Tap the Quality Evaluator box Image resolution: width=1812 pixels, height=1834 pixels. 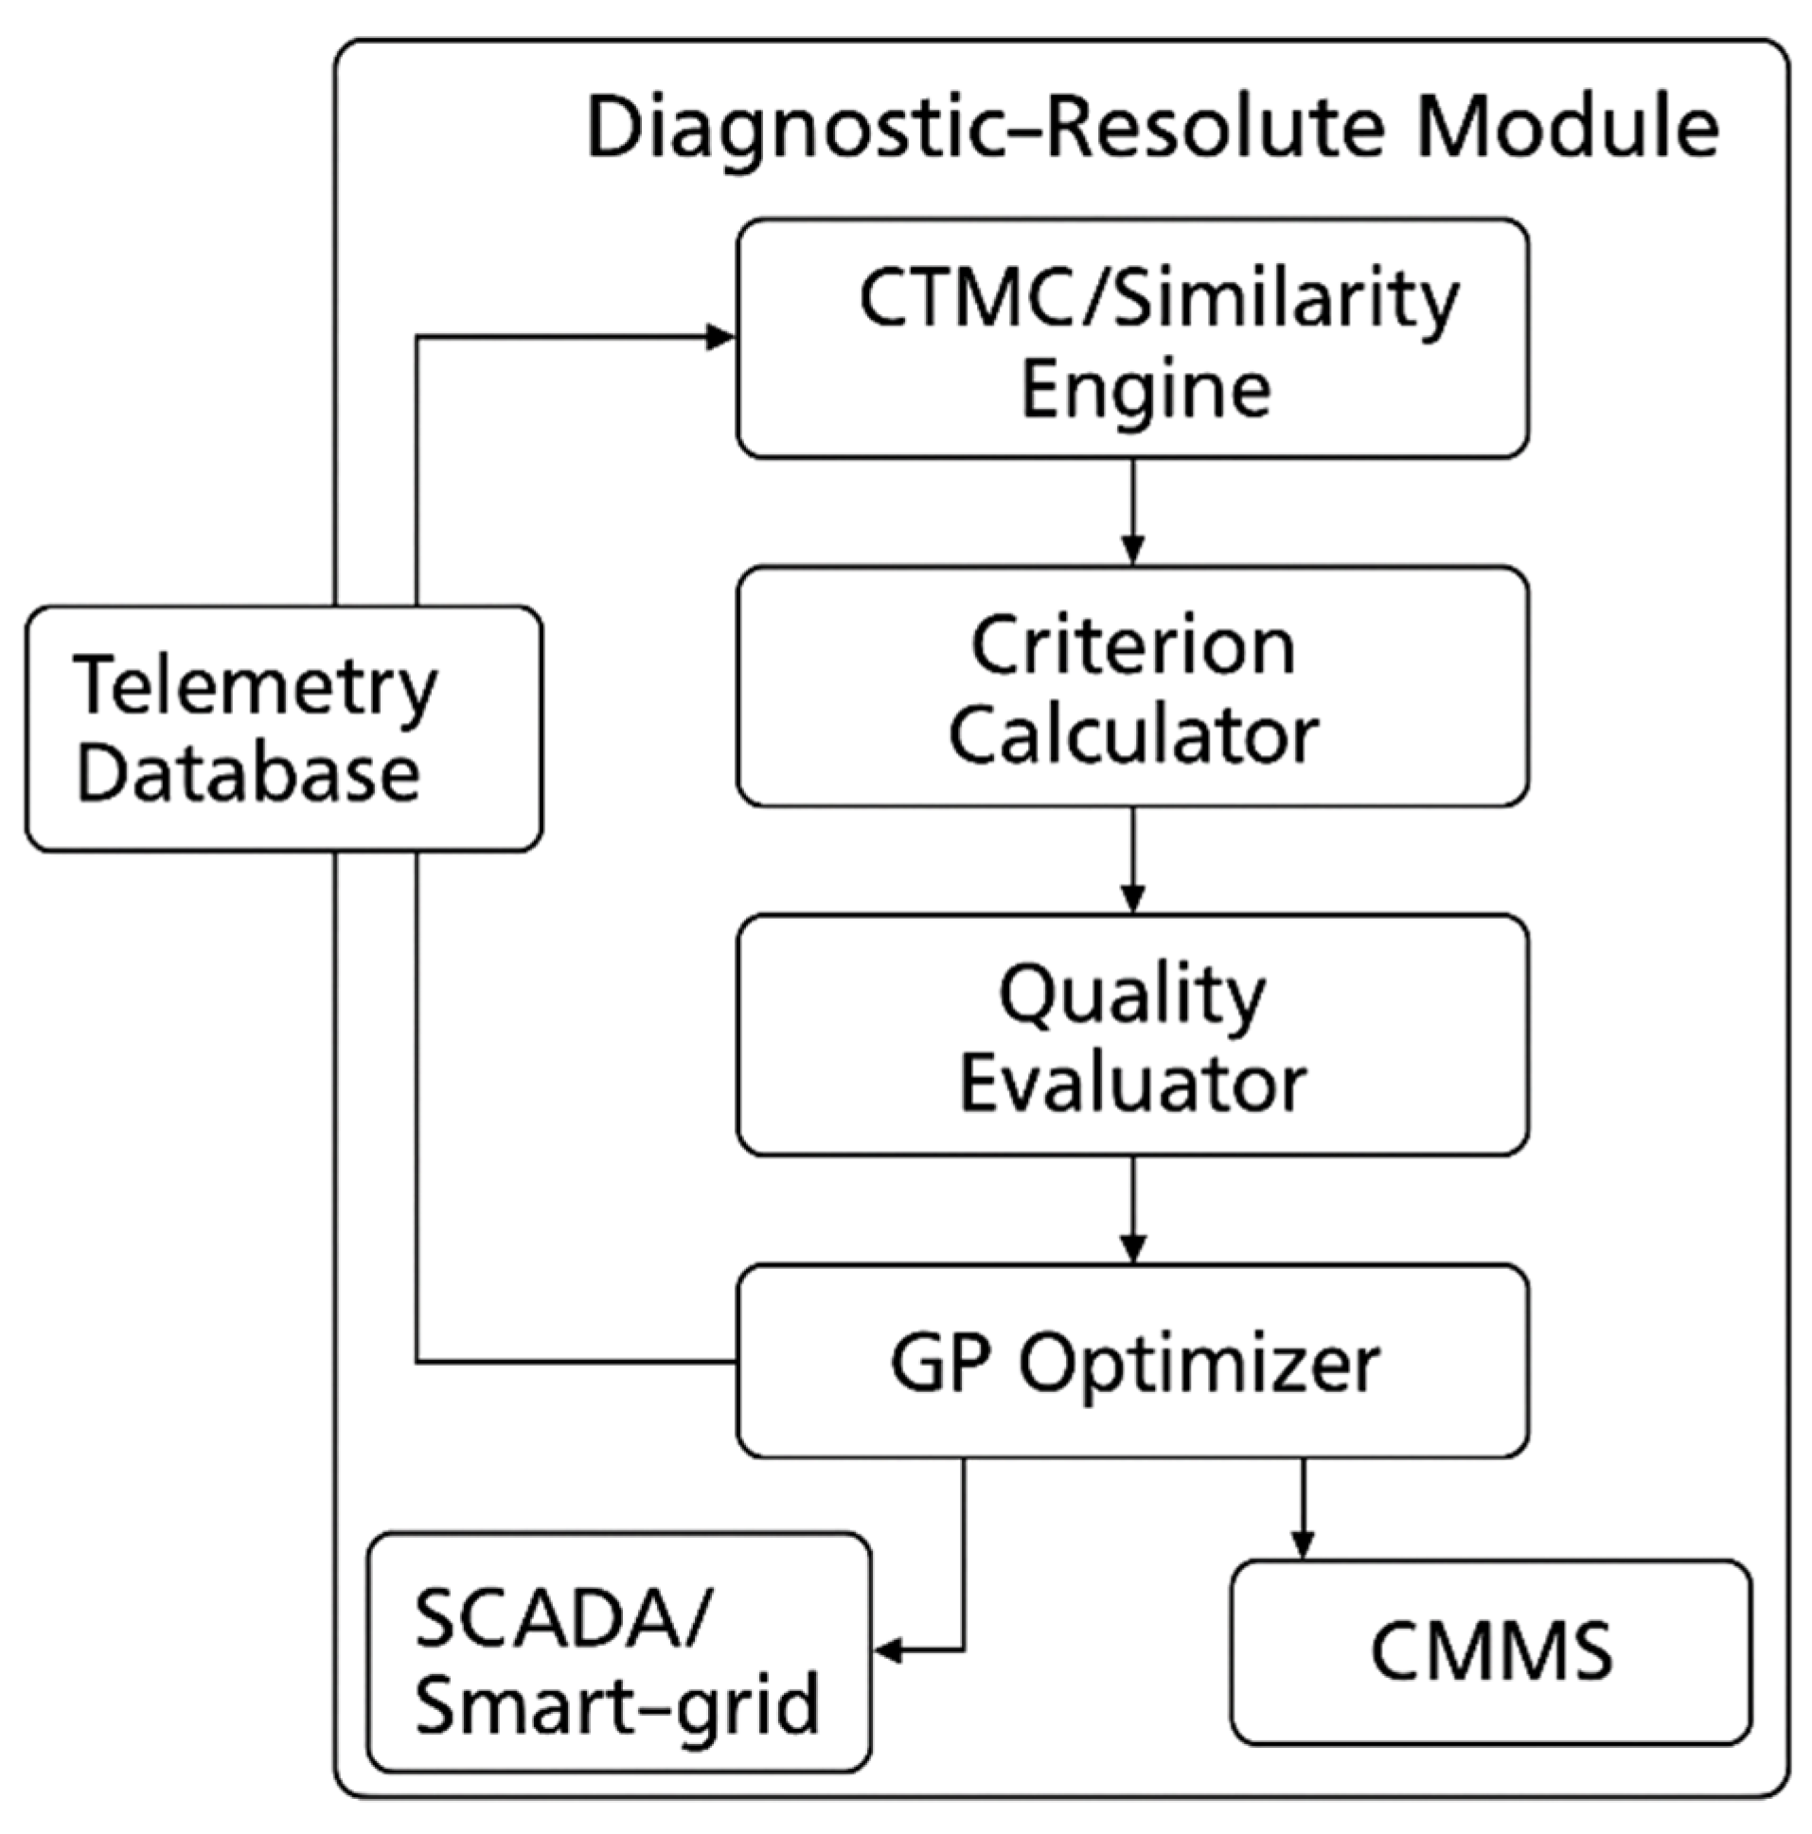1132,1034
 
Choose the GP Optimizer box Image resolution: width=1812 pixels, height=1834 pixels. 1132,1362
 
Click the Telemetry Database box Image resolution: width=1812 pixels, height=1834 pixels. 283,729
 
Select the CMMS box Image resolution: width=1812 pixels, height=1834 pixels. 1490,1652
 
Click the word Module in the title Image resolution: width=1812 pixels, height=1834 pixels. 1567,128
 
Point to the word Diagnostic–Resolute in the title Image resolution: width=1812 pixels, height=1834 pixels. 987,128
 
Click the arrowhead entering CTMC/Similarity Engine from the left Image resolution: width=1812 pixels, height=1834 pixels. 719,337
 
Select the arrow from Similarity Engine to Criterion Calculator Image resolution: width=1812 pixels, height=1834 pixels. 1132,513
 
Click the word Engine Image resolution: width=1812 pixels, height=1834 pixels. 1146,391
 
